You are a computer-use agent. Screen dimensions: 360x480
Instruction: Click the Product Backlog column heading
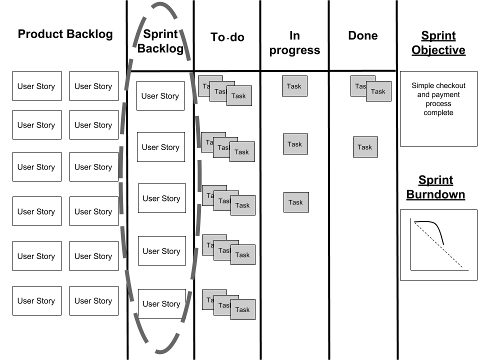(65, 34)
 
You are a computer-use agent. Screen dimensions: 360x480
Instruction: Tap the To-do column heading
(227, 37)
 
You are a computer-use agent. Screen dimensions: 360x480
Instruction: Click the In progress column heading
(294, 42)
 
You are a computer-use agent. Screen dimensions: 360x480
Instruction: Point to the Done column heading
(363, 35)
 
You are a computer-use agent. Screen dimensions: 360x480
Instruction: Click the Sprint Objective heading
(438, 43)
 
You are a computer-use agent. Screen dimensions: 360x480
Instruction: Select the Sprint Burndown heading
(435, 187)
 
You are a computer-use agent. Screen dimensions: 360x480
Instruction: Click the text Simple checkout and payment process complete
(438, 99)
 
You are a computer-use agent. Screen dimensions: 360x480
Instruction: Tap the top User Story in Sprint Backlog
(160, 96)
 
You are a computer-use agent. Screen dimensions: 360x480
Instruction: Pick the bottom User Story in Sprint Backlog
(161, 304)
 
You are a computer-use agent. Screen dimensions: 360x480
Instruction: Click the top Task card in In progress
(294, 86)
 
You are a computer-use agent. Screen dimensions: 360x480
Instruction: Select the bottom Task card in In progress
(295, 202)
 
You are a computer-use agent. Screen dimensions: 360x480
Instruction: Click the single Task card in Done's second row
(365, 147)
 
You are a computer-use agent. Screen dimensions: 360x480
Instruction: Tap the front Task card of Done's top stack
(378, 91)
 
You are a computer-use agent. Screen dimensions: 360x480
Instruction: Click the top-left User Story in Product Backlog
(36, 86)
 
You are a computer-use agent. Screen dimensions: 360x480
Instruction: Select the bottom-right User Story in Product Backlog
(93, 300)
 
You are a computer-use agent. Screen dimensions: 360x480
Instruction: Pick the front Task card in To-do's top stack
(239, 96)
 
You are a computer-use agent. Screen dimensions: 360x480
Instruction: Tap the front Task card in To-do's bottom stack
(243, 309)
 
